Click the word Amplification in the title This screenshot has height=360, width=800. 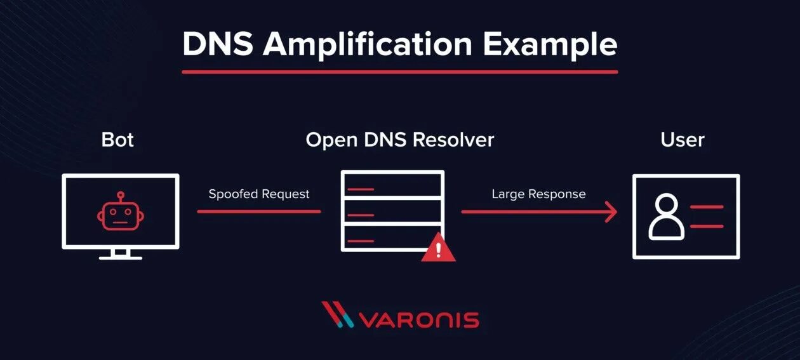367,44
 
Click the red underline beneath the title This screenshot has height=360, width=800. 399,72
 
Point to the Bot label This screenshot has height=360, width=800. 117,140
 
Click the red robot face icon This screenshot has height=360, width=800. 121,213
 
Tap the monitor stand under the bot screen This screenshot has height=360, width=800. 121,254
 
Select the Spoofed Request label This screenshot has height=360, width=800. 259,194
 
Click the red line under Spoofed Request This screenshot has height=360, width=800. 259,211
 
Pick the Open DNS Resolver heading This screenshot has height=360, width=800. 399,140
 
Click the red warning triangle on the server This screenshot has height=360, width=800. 438,248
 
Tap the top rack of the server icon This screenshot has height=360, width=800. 392,185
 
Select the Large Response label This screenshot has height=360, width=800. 538,194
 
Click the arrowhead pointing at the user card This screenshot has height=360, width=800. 611,211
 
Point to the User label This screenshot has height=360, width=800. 683,140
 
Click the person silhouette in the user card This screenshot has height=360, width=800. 666,216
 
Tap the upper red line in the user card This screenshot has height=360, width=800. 706,207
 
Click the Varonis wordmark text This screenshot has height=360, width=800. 419,319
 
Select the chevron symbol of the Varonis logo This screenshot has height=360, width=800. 337,315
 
